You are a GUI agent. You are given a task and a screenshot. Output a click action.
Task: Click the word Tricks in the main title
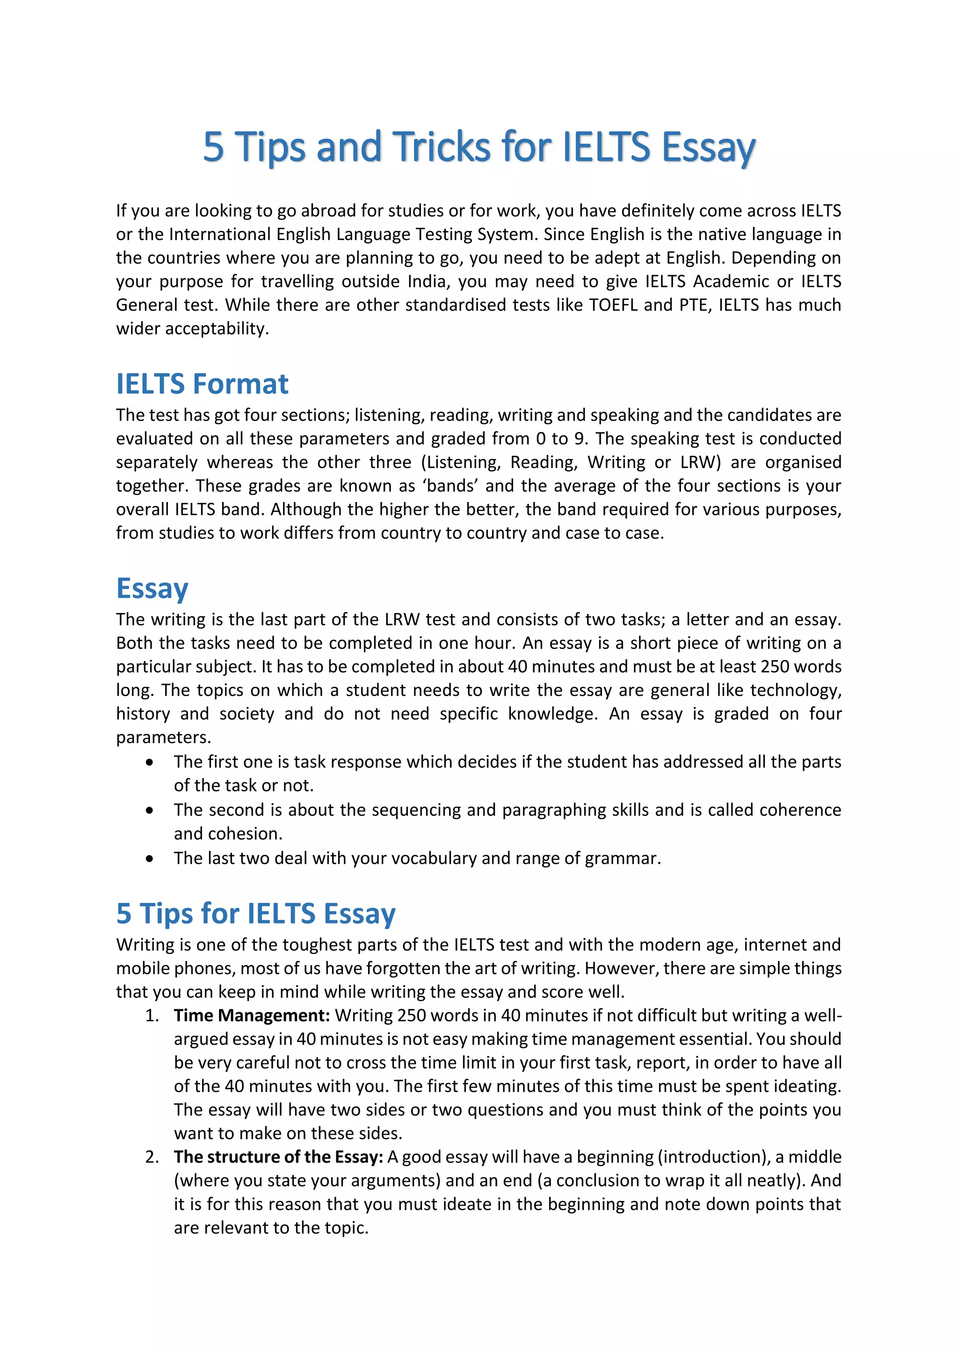[x=441, y=146]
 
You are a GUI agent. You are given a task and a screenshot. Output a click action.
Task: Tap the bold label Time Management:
[x=252, y=1015]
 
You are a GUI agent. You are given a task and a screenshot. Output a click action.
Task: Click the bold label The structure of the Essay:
[x=278, y=1157]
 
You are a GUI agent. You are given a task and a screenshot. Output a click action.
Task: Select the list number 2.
[x=152, y=1157]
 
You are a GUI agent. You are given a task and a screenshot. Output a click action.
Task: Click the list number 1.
[x=152, y=1015]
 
